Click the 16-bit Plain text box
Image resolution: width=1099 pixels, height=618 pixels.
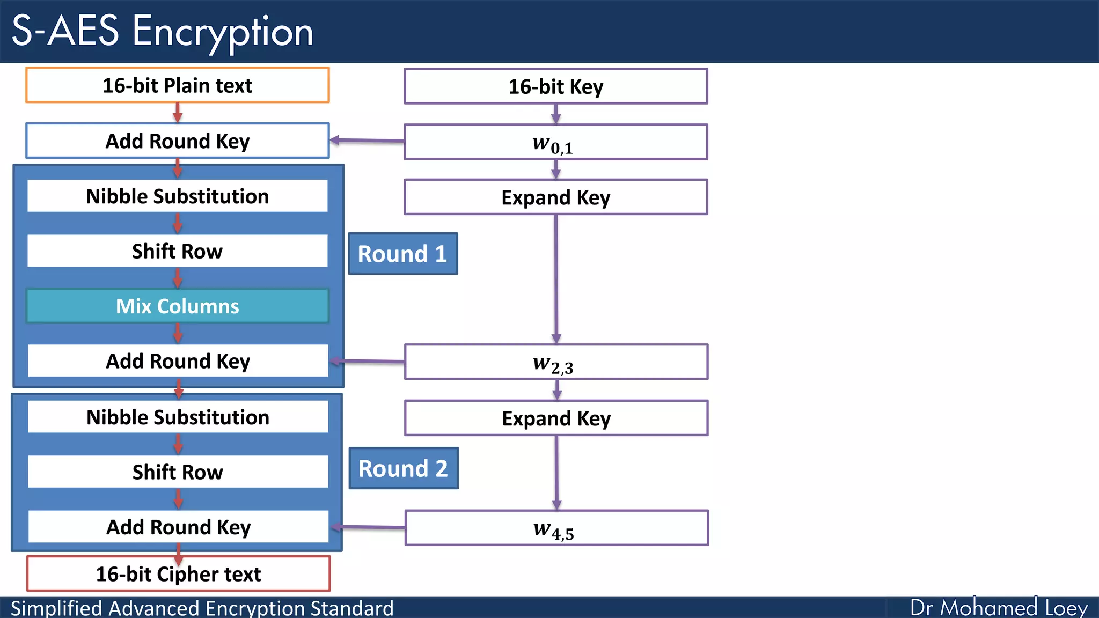click(177, 85)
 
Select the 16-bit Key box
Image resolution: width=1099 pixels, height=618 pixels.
click(555, 86)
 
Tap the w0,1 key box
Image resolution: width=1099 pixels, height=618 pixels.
click(555, 142)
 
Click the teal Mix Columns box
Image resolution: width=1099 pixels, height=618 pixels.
click(177, 306)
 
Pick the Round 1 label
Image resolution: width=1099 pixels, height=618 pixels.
click(402, 254)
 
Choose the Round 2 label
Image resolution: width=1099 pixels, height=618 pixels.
click(403, 468)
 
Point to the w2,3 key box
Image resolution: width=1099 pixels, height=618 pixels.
click(556, 362)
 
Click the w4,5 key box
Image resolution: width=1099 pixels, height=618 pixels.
click(556, 528)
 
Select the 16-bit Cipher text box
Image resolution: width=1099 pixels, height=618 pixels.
click(178, 574)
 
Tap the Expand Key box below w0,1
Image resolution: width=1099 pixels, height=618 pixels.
click(555, 197)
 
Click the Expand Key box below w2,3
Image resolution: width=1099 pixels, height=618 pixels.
click(556, 418)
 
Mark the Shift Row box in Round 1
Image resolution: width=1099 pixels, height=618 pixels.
click(177, 251)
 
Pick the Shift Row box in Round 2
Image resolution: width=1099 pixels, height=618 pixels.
click(178, 472)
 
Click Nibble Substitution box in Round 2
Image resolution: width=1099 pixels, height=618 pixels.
click(178, 417)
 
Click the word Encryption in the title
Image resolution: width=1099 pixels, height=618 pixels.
click(222, 31)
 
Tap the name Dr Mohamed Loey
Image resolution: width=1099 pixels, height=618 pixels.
click(998, 608)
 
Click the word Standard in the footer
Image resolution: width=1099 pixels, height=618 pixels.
click(351, 608)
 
